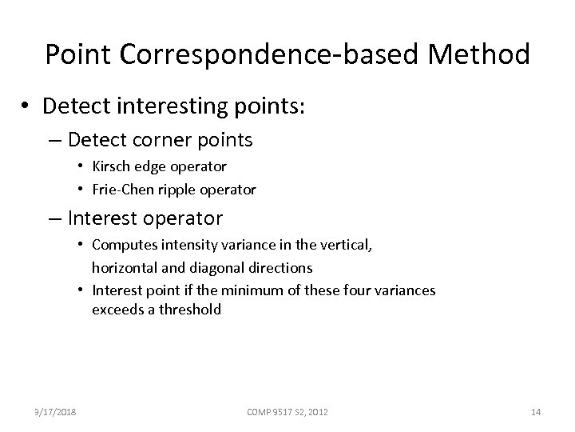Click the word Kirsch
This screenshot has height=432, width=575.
[113, 166]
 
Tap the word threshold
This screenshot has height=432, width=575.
[190, 309]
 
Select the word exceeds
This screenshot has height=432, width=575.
[117, 309]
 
